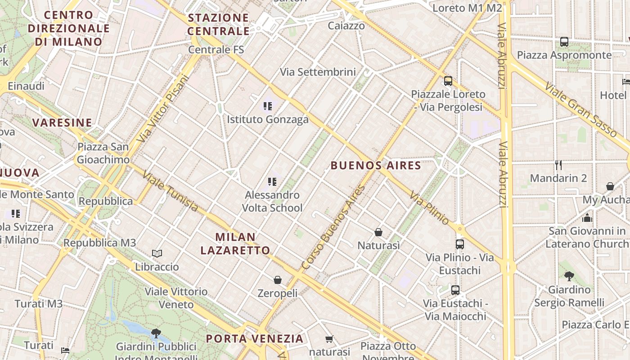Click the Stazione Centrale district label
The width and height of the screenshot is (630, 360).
pyautogui.click(x=218, y=24)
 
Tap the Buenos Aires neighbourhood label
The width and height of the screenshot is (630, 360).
pyautogui.click(x=376, y=166)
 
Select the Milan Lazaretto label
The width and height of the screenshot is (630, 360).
pyautogui.click(x=235, y=243)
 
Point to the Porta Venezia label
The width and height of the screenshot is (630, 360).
pyautogui.click(x=255, y=338)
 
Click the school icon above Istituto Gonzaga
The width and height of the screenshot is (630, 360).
pyautogui.click(x=268, y=106)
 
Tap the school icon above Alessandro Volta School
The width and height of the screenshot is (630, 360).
pyautogui.click(x=272, y=182)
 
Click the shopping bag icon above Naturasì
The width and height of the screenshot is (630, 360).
pyautogui.click(x=378, y=232)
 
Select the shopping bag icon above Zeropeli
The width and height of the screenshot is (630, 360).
pyautogui.click(x=278, y=280)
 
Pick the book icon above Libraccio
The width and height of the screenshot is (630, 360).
pyautogui.click(x=157, y=254)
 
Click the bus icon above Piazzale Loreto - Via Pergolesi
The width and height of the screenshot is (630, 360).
pyautogui.click(x=448, y=81)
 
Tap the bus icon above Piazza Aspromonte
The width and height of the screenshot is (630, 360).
pyautogui.click(x=564, y=42)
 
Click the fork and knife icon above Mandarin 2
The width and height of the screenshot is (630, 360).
pyautogui.click(x=558, y=165)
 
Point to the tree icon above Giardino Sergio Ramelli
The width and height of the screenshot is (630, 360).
pyautogui.click(x=569, y=276)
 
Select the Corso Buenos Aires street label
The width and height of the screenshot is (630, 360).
pyautogui.click(x=333, y=227)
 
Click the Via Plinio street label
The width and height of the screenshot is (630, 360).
pyautogui.click(x=429, y=208)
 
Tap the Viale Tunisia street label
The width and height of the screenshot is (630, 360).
pyautogui.click(x=171, y=191)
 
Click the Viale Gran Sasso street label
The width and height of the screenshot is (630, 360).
pyautogui.click(x=580, y=109)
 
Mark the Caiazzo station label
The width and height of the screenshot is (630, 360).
pyautogui.click(x=346, y=26)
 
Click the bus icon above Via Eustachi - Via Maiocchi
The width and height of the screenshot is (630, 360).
pyautogui.click(x=455, y=290)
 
